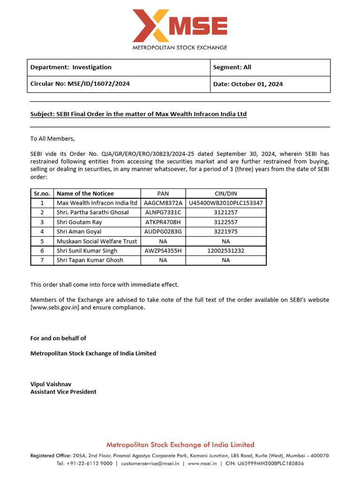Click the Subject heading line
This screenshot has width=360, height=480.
[138, 114]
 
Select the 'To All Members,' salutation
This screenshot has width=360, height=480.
[52, 139]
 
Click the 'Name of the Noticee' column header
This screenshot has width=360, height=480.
[85, 194]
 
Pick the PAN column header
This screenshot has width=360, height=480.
[163, 194]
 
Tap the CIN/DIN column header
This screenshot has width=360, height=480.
[225, 194]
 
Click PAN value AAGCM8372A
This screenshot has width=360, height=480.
[163, 203]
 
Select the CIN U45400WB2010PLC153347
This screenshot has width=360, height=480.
[225, 203]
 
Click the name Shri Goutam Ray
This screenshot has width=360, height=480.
[79, 222]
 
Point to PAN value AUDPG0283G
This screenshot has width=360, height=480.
[163, 232]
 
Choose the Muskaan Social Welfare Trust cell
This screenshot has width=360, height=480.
[97, 241]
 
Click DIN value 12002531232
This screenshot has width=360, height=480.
[225, 251]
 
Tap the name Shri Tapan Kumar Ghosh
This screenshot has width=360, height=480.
[90, 260]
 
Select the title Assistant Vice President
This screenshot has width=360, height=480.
[63, 392]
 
